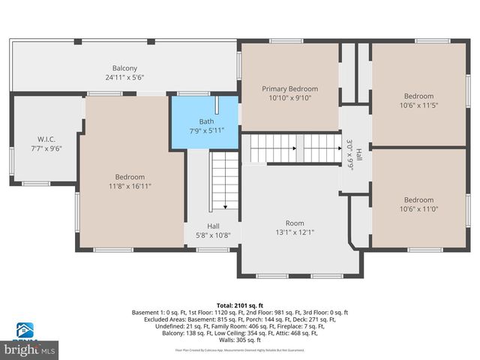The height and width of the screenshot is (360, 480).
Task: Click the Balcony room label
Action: [x=125, y=67]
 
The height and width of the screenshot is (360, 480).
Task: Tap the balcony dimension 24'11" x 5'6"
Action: [x=125, y=77]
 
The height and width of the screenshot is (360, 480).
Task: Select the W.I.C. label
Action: [x=46, y=139]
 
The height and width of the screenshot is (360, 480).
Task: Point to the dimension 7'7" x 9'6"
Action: [x=46, y=148]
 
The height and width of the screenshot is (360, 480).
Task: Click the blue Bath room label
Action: [x=206, y=121]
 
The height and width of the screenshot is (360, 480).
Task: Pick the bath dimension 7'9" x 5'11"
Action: [x=206, y=130]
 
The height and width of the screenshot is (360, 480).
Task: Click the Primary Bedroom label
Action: [x=289, y=87]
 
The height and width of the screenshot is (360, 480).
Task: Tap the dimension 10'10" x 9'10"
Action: [x=289, y=97]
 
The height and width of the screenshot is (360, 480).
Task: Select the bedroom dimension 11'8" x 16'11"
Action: [x=130, y=186]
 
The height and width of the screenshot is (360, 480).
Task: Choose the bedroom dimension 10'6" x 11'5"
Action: [x=418, y=105]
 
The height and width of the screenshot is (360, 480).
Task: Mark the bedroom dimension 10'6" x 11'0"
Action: [x=418, y=209]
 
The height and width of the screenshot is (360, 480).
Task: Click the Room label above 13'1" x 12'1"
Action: [x=295, y=223]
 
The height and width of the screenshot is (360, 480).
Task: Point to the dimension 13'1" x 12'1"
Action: [x=295, y=232]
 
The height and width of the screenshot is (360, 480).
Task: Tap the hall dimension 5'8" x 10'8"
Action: [x=214, y=235]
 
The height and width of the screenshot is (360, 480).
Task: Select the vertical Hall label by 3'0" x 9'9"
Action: [x=358, y=154]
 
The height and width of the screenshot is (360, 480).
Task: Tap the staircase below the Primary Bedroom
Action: [x=295, y=148]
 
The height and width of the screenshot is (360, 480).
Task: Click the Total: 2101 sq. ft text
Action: [x=240, y=305]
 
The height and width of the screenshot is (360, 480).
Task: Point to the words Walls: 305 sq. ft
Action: [x=240, y=340]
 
